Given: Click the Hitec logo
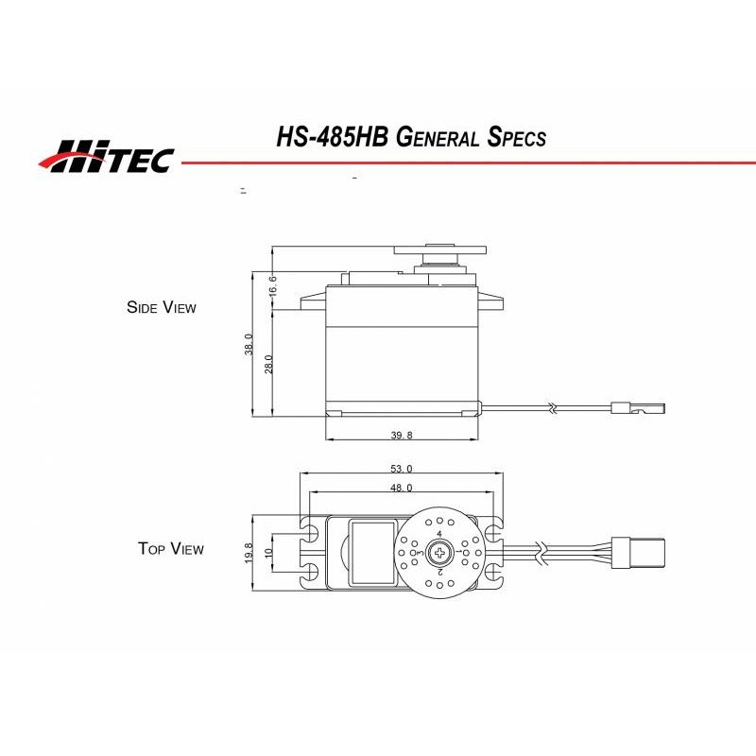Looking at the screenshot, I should pos(106,157).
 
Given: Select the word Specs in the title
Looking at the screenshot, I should pos(515,138).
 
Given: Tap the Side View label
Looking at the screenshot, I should pos(162,307).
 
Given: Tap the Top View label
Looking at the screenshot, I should pos(170,548).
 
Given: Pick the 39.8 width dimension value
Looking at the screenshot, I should pos(401,436).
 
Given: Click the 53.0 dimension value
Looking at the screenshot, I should pos(401,469).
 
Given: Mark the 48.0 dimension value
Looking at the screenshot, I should pos(401,488).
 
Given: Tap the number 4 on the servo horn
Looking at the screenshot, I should pos(439,534).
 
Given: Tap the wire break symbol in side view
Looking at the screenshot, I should pos(551,408).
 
